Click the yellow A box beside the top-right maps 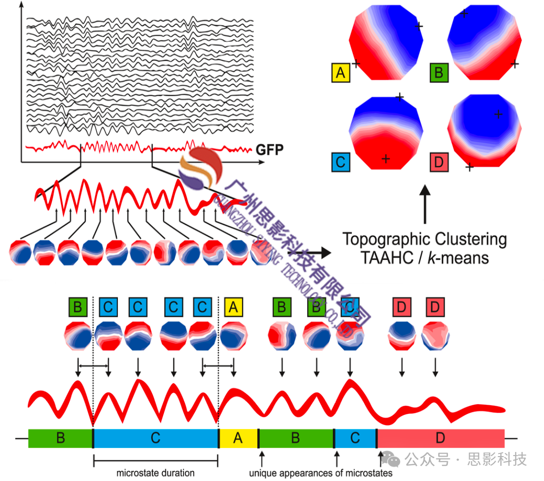[x=340, y=73]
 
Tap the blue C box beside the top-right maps [x=340, y=162]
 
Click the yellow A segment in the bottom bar [x=238, y=438]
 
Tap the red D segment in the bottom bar [x=440, y=438]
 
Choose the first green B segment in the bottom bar [x=61, y=438]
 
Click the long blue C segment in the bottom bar [x=156, y=438]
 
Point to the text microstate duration [x=155, y=473]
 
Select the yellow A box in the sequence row [x=233, y=307]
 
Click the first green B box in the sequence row [x=78, y=307]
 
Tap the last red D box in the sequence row [x=435, y=307]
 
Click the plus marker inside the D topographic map [x=498, y=114]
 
